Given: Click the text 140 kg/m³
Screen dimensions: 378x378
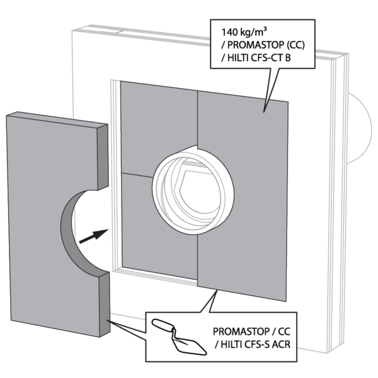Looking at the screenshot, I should tap(247, 31).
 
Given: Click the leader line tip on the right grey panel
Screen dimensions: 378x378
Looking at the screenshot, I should tap(265, 111).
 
